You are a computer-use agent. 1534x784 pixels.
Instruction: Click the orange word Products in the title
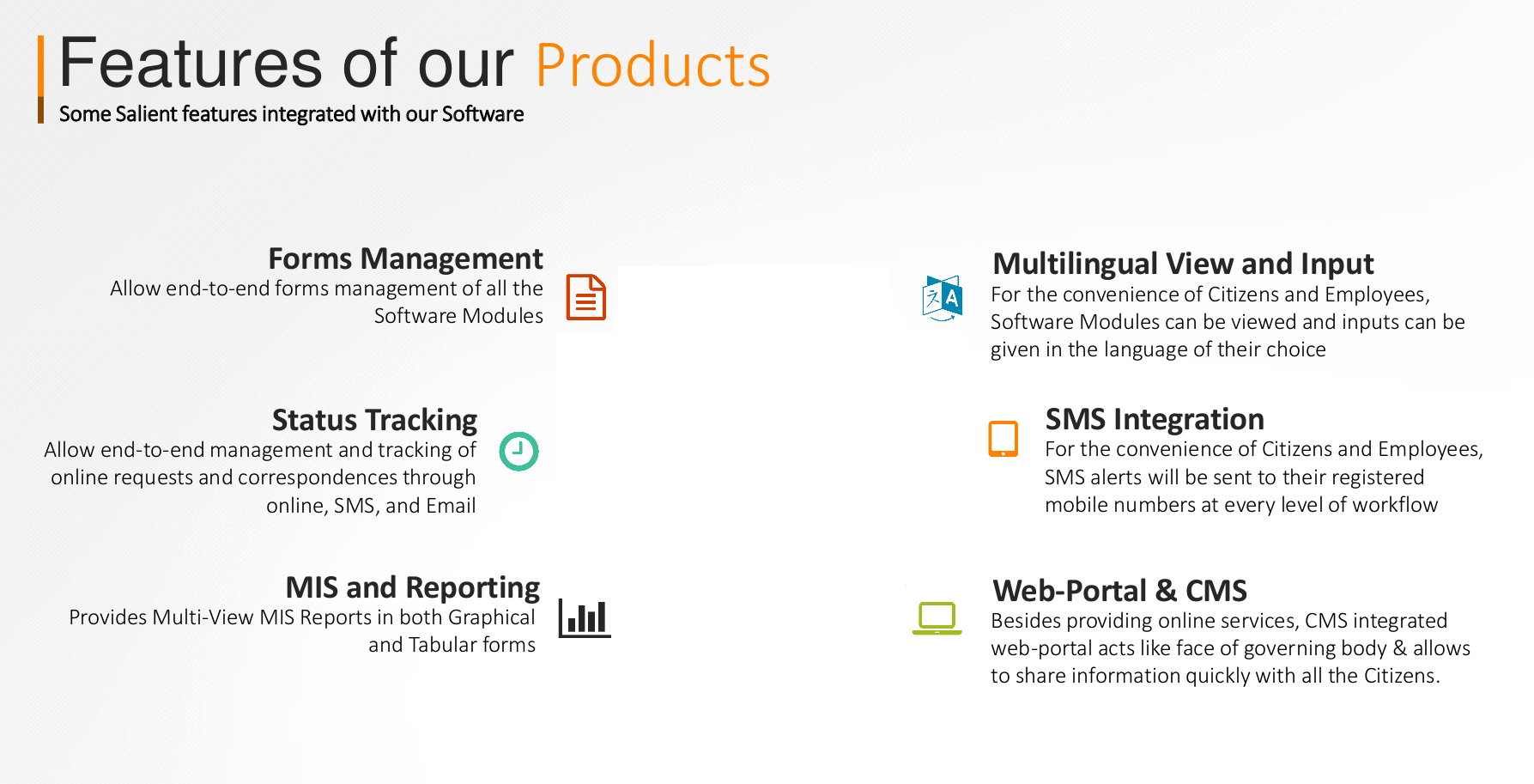coord(653,66)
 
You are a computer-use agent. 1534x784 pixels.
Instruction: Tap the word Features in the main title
coord(191,63)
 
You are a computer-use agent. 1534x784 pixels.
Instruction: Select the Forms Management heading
coord(406,258)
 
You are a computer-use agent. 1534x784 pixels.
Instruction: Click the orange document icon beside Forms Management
coord(586,297)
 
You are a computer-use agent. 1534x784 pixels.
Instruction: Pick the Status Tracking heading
coord(374,420)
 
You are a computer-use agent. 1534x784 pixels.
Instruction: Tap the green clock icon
coord(519,451)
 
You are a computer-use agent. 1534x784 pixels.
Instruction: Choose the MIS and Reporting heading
coord(413,587)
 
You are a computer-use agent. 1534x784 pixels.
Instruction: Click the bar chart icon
coord(585,618)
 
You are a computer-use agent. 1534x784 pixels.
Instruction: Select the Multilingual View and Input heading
coord(1183,264)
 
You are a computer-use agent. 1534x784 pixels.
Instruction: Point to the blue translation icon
coord(942,298)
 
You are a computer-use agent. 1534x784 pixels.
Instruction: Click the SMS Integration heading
coord(1155,419)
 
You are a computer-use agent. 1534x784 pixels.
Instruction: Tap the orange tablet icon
coord(1003,439)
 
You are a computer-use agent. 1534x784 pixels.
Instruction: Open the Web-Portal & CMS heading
coord(1119,591)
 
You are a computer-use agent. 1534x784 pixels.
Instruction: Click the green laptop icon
coord(937,618)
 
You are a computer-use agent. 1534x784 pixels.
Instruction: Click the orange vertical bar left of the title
coord(40,79)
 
